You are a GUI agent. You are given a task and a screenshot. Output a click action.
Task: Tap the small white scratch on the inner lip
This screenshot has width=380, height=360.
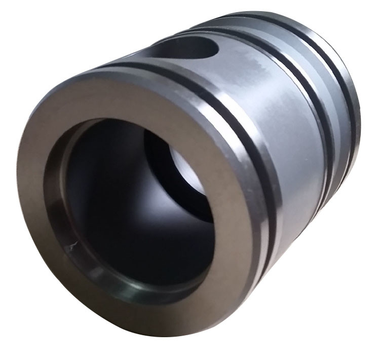[x=72, y=247]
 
